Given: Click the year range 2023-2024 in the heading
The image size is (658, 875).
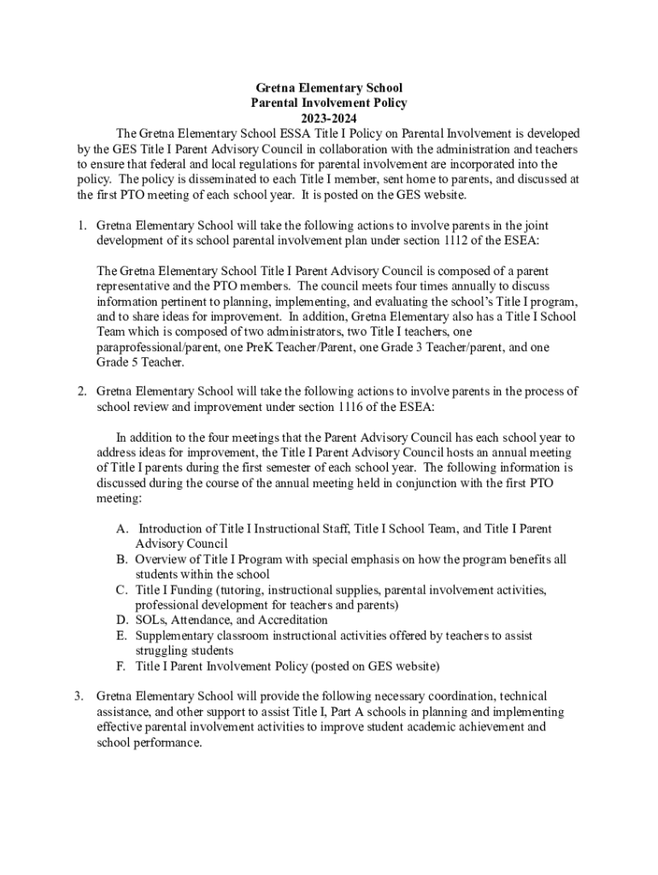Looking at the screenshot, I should [329, 119].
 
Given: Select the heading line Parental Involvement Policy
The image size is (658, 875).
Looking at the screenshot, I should [329, 103].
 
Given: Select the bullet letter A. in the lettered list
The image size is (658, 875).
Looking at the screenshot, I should [123, 530].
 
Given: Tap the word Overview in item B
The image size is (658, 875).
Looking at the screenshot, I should [161, 560].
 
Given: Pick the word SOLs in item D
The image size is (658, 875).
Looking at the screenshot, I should [150, 620].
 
